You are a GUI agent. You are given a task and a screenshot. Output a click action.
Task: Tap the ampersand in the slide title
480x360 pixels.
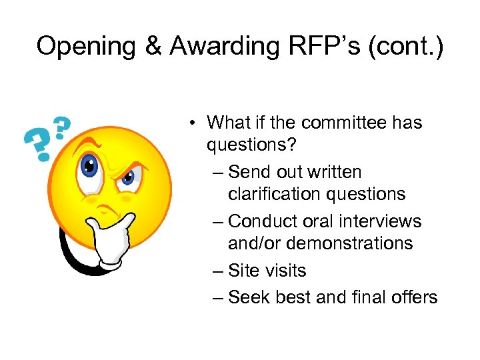tap(153, 46)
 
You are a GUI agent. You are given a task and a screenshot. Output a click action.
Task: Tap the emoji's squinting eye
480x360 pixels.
tap(128, 176)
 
